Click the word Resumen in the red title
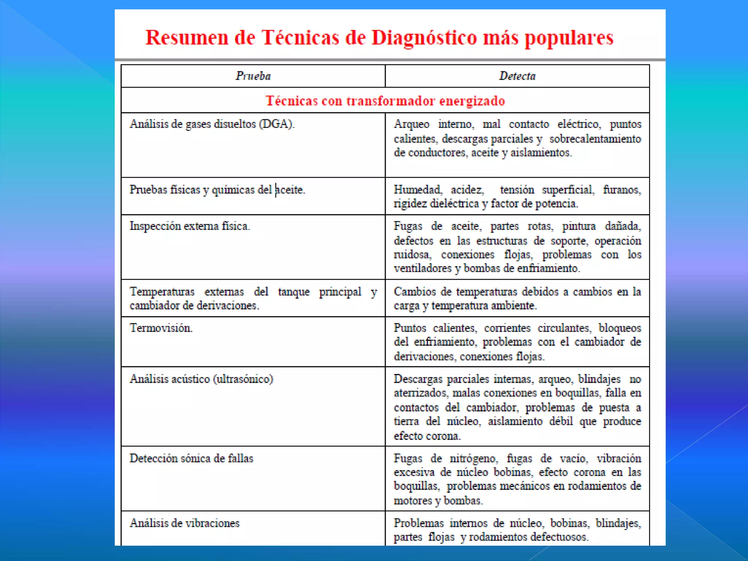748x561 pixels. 187,38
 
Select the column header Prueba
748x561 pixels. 253,76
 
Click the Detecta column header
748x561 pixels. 517,76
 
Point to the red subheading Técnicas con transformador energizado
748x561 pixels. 385,101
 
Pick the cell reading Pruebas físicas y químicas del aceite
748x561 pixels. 217,190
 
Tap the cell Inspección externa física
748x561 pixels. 190,226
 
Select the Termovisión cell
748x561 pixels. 161,328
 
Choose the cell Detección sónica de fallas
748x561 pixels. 191,458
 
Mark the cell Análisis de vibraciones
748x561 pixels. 184,523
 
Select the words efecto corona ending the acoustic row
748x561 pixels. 427,436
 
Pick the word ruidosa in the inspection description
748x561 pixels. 412,255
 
